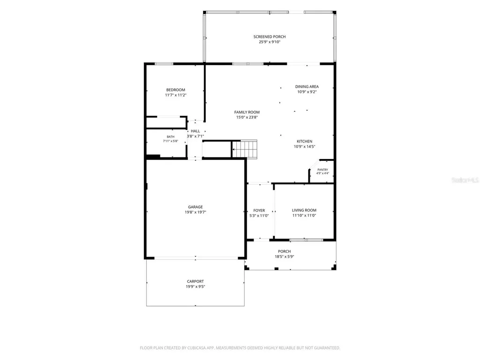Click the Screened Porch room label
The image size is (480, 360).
click(x=270, y=37)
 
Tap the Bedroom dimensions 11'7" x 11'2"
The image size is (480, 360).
click(x=176, y=95)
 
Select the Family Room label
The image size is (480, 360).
click(x=247, y=112)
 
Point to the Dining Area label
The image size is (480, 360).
click(x=307, y=87)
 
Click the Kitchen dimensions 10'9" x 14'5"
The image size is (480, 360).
click(x=305, y=147)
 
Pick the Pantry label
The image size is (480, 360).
click(x=322, y=170)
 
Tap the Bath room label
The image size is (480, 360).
click(x=171, y=137)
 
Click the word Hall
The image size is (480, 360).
click(x=195, y=131)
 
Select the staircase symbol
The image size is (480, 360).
click(x=245, y=149)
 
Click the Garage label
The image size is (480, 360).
click(x=195, y=207)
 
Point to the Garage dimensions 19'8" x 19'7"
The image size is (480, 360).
click(x=195, y=212)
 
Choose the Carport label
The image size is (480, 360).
click(x=195, y=282)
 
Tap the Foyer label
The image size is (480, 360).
click(x=259, y=210)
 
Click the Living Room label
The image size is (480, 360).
click(x=304, y=210)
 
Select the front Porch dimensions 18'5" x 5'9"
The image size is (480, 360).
click(x=285, y=257)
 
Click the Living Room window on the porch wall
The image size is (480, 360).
click(x=307, y=240)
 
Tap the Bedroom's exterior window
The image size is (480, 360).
click(x=164, y=64)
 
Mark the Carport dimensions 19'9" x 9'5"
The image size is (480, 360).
click(x=195, y=287)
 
